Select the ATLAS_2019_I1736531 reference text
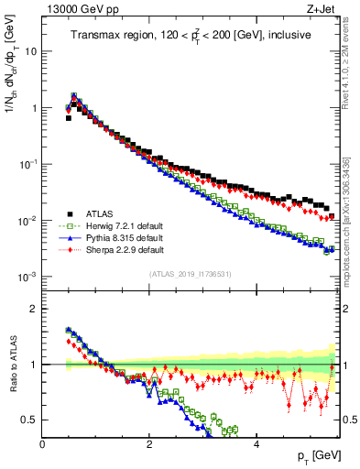click(190, 273)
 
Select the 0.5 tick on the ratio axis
click(28, 420)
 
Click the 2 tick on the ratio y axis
click(33, 309)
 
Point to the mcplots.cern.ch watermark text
click(352, 220)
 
